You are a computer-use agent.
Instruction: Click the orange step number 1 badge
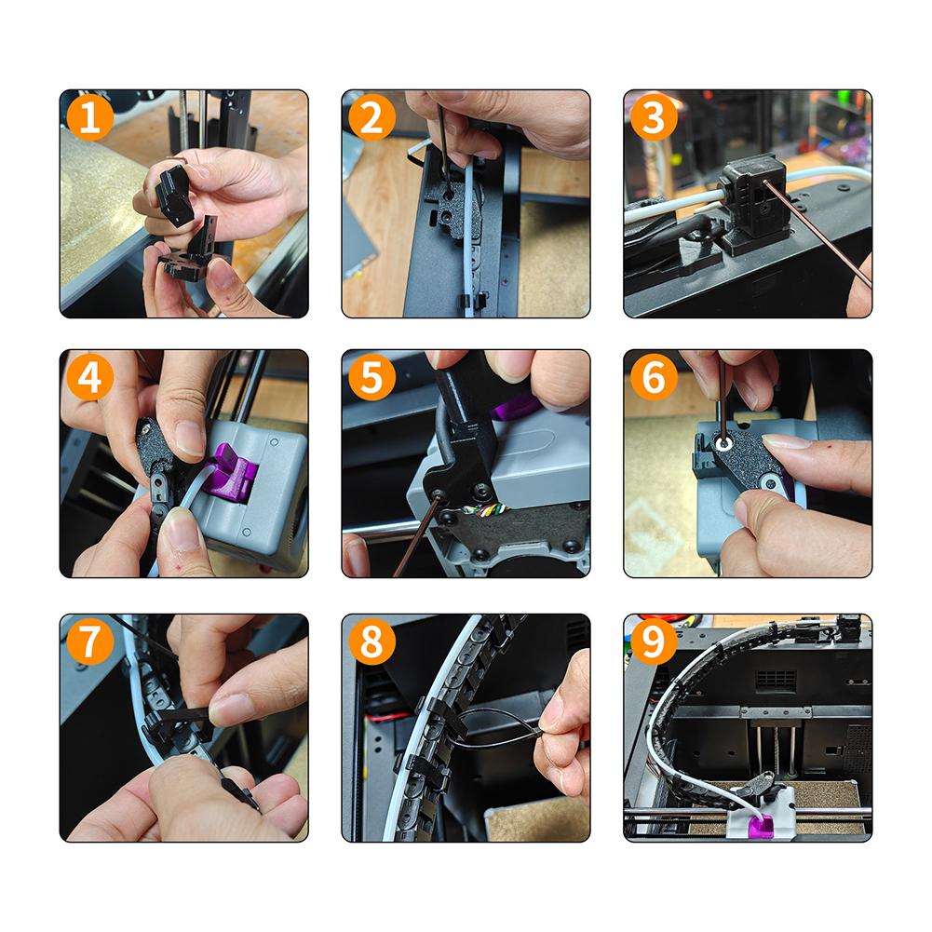90,118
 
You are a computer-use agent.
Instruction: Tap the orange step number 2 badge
371,118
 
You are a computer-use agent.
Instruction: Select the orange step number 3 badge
654,118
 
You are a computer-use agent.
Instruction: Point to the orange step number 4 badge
90,378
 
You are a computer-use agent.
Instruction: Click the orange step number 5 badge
371,378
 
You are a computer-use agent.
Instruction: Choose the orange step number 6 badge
654,378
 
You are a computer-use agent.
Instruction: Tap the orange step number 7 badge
90,642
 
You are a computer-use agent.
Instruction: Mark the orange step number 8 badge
371,642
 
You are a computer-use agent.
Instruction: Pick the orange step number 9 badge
654,642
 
